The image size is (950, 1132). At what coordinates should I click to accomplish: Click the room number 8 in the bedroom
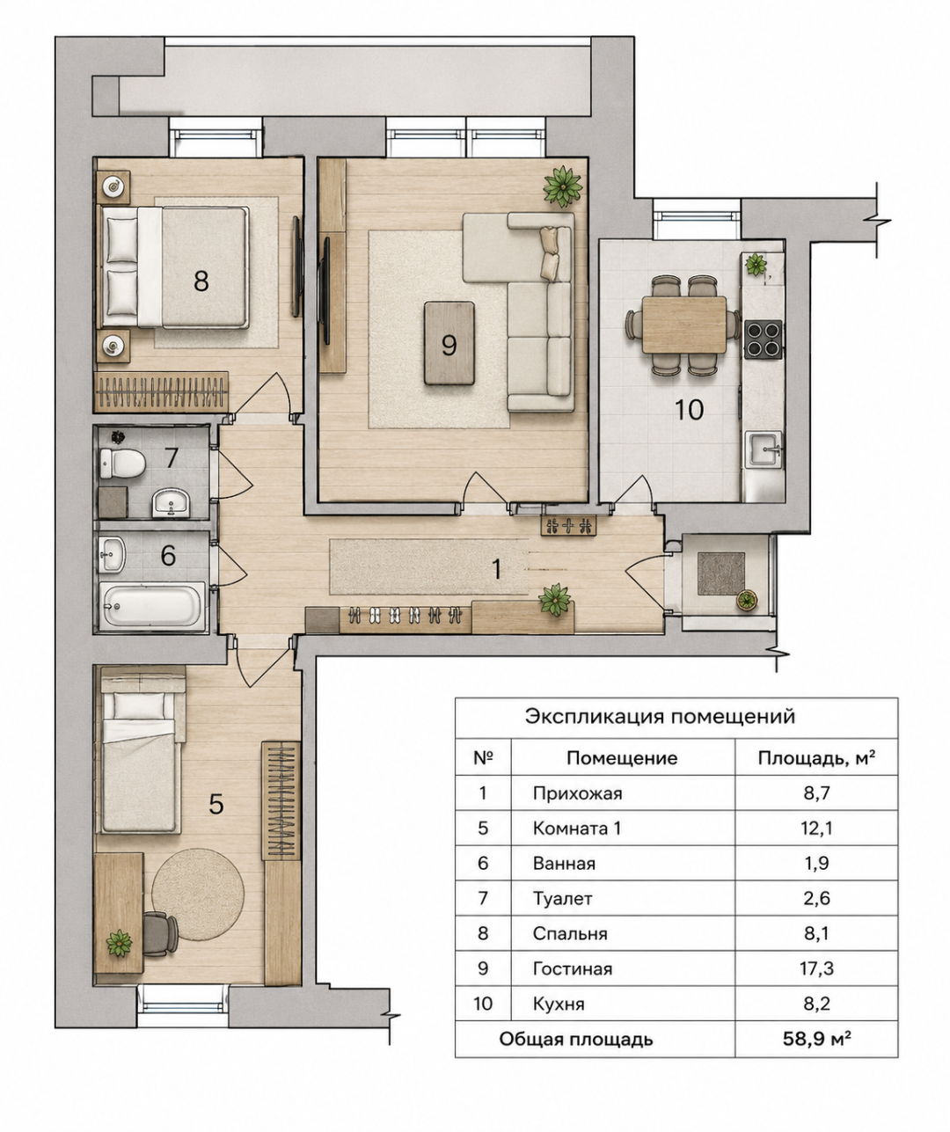[201, 281]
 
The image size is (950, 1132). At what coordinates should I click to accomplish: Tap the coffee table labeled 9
[449, 343]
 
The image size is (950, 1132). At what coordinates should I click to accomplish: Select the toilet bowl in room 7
[122, 464]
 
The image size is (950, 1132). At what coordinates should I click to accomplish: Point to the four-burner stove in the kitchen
[763, 339]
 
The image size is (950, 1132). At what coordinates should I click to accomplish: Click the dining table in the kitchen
[683, 325]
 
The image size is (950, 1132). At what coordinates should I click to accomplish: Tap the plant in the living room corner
[563, 186]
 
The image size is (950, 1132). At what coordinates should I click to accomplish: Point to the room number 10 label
[689, 410]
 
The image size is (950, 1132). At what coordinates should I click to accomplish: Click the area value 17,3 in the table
[816, 968]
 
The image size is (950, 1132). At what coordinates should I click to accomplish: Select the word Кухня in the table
[559, 1004]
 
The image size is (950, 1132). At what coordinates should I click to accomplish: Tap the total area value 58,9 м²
[816, 1040]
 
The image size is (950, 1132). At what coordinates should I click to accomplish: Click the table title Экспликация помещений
[660, 716]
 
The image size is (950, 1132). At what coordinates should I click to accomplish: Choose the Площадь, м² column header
[816, 757]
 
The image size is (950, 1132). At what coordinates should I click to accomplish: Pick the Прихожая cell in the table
[578, 793]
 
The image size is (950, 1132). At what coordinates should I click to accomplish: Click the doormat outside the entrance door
[721, 574]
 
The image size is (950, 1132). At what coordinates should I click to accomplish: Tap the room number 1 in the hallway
[495, 569]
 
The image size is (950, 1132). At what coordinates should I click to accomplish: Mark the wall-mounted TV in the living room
[326, 290]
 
